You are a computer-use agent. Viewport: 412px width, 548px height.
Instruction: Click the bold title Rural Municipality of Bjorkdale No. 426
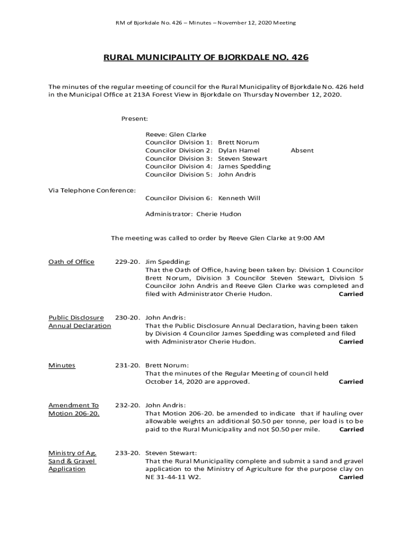click(x=206, y=57)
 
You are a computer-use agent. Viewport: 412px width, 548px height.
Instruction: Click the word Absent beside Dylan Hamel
click(x=302, y=150)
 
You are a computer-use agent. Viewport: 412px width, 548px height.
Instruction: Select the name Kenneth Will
click(x=239, y=198)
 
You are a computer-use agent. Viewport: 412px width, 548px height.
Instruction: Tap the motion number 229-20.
click(x=127, y=262)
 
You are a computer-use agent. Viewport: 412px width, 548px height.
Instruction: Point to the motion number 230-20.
click(x=127, y=317)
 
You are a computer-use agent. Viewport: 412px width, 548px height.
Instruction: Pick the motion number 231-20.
click(x=127, y=366)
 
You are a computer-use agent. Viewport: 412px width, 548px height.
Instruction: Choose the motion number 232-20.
click(x=127, y=405)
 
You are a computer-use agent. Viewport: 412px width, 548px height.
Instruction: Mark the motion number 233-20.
click(x=127, y=453)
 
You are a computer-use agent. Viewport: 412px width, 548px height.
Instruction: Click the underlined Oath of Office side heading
click(x=71, y=262)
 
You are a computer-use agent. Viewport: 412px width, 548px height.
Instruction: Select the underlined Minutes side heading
click(x=62, y=366)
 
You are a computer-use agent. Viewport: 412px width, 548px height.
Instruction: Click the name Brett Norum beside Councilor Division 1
click(x=239, y=142)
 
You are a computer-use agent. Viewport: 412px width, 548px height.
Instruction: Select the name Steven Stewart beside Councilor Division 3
click(x=242, y=158)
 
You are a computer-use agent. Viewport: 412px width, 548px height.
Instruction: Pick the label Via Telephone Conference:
click(x=92, y=190)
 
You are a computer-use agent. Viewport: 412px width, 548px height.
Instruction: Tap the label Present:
click(x=134, y=118)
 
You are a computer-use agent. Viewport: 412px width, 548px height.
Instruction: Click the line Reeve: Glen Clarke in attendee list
click(x=176, y=134)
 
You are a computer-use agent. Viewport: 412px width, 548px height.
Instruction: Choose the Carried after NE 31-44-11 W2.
click(x=351, y=477)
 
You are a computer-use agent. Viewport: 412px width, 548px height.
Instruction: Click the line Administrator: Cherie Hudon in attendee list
click(x=193, y=214)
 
